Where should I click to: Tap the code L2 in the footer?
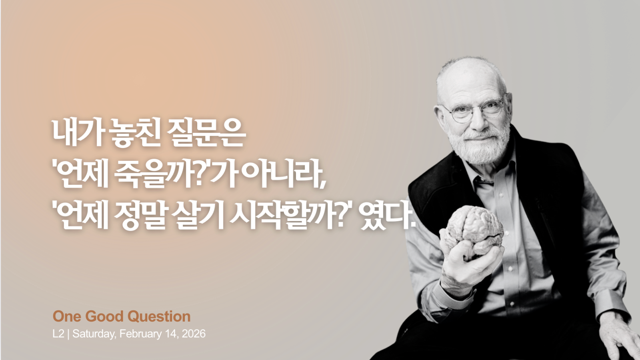point(58,334)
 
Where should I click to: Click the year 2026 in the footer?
point(194,334)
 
